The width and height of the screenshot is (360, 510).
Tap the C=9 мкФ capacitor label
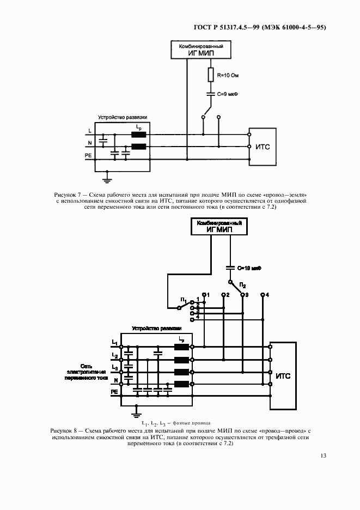click(228, 94)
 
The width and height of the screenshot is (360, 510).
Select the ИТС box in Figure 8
click(283, 376)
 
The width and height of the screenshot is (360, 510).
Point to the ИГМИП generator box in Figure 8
click(219, 226)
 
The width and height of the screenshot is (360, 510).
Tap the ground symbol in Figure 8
click(138, 412)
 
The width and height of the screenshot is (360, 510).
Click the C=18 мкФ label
click(251, 268)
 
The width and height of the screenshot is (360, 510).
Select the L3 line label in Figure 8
click(114, 367)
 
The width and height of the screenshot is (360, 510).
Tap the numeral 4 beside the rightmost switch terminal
click(267, 295)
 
